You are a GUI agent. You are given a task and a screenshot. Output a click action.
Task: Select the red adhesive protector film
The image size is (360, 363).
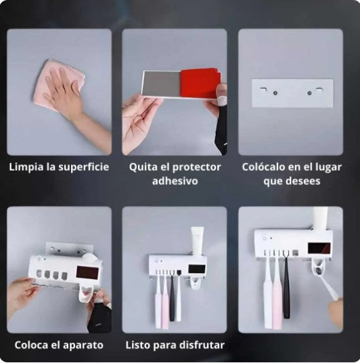coord(198,83)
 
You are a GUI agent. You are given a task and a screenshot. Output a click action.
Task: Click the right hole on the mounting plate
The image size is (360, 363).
coord(311,93)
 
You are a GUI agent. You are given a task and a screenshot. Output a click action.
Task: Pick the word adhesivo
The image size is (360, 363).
coord(175,181)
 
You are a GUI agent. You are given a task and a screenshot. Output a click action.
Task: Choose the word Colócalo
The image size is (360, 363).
coord(265,167)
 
